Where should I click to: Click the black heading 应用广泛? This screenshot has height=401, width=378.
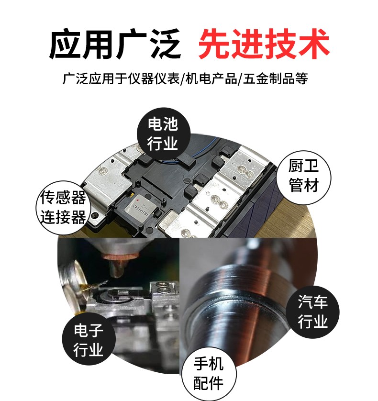115,44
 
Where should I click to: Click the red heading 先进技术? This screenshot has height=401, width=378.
264,44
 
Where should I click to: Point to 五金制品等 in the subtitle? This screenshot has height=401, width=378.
275,78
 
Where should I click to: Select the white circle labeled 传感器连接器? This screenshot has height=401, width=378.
63,208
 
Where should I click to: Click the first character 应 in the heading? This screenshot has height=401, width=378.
65,44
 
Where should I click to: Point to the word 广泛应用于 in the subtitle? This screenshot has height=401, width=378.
94,78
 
